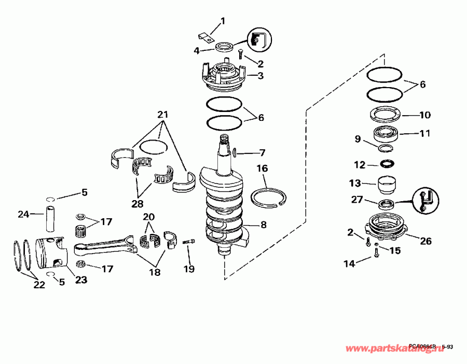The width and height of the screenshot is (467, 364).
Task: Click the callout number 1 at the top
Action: [x=223, y=21]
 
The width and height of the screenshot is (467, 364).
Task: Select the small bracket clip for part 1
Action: [x=207, y=37]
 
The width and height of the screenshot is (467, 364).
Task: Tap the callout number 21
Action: [x=163, y=114]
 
